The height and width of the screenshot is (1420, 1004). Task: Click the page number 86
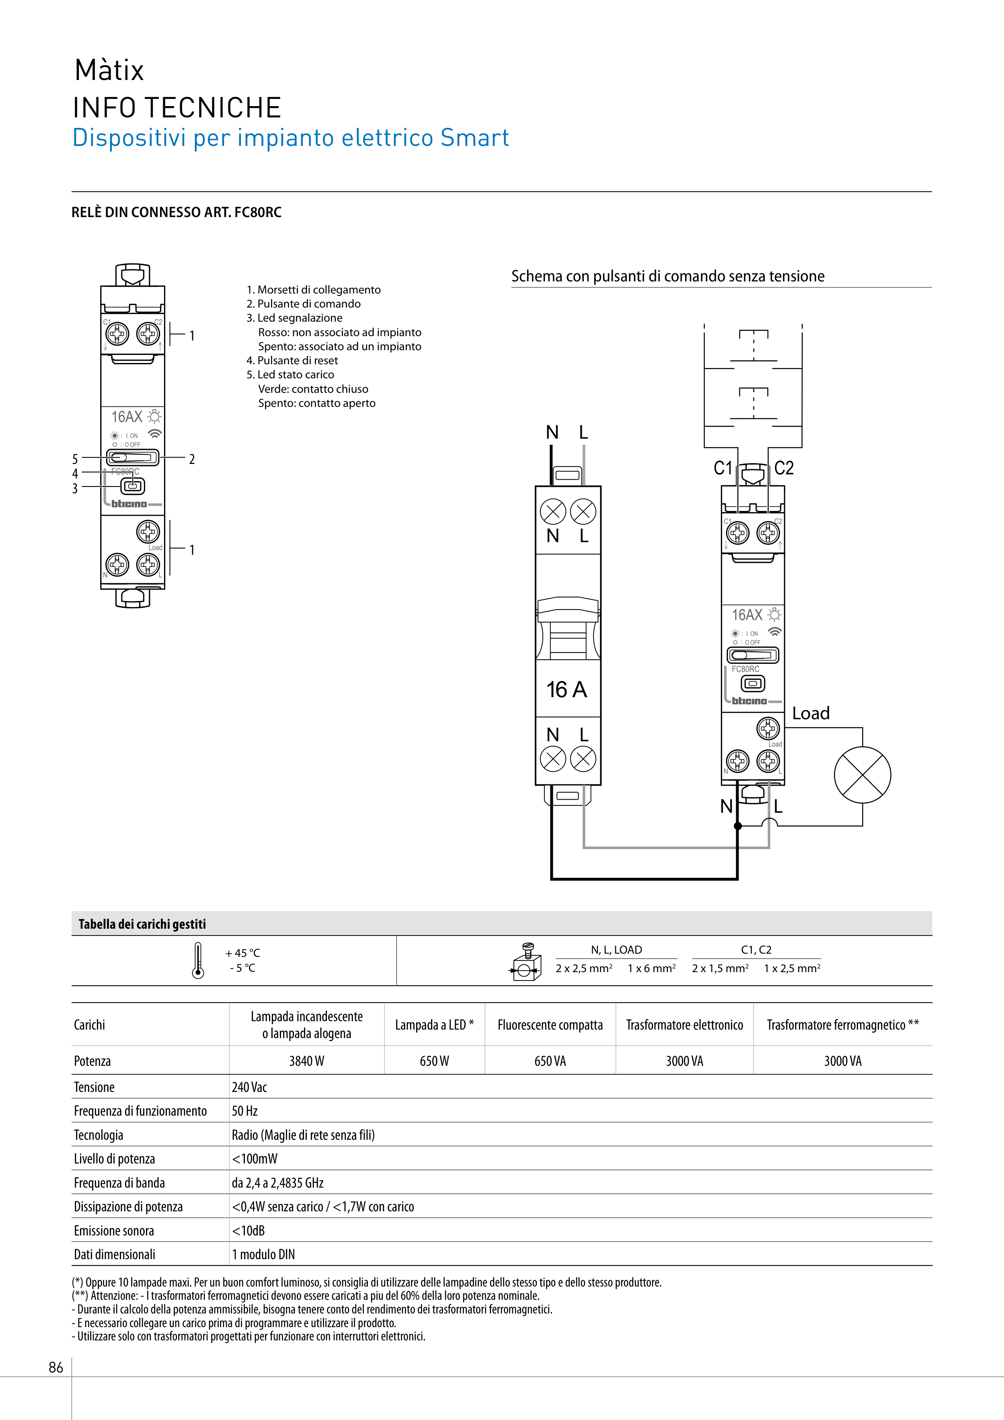tap(55, 1367)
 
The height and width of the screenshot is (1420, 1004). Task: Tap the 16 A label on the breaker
tap(566, 689)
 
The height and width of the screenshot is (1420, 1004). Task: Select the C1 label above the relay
tap(723, 468)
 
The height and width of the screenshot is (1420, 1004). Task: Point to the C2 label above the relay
tap(784, 468)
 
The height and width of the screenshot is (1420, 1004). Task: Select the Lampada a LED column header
tap(434, 1025)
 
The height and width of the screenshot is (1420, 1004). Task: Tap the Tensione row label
tap(94, 1087)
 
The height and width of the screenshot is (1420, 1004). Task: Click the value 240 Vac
tap(249, 1087)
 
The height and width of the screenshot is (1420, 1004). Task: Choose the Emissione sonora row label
tap(114, 1231)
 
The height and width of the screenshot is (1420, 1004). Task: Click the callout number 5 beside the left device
tap(75, 459)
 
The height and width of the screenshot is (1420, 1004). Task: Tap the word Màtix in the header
tap(109, 70)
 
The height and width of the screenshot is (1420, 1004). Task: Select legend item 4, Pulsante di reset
tap(292, 361)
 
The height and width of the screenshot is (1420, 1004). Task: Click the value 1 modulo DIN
tap(263, 1254)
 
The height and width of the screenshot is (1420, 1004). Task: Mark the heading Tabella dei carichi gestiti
tap(142, 924)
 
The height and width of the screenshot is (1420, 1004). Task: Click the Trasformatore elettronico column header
tap(684, 1025)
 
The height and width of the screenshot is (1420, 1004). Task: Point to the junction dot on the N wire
tap(737, 826)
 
